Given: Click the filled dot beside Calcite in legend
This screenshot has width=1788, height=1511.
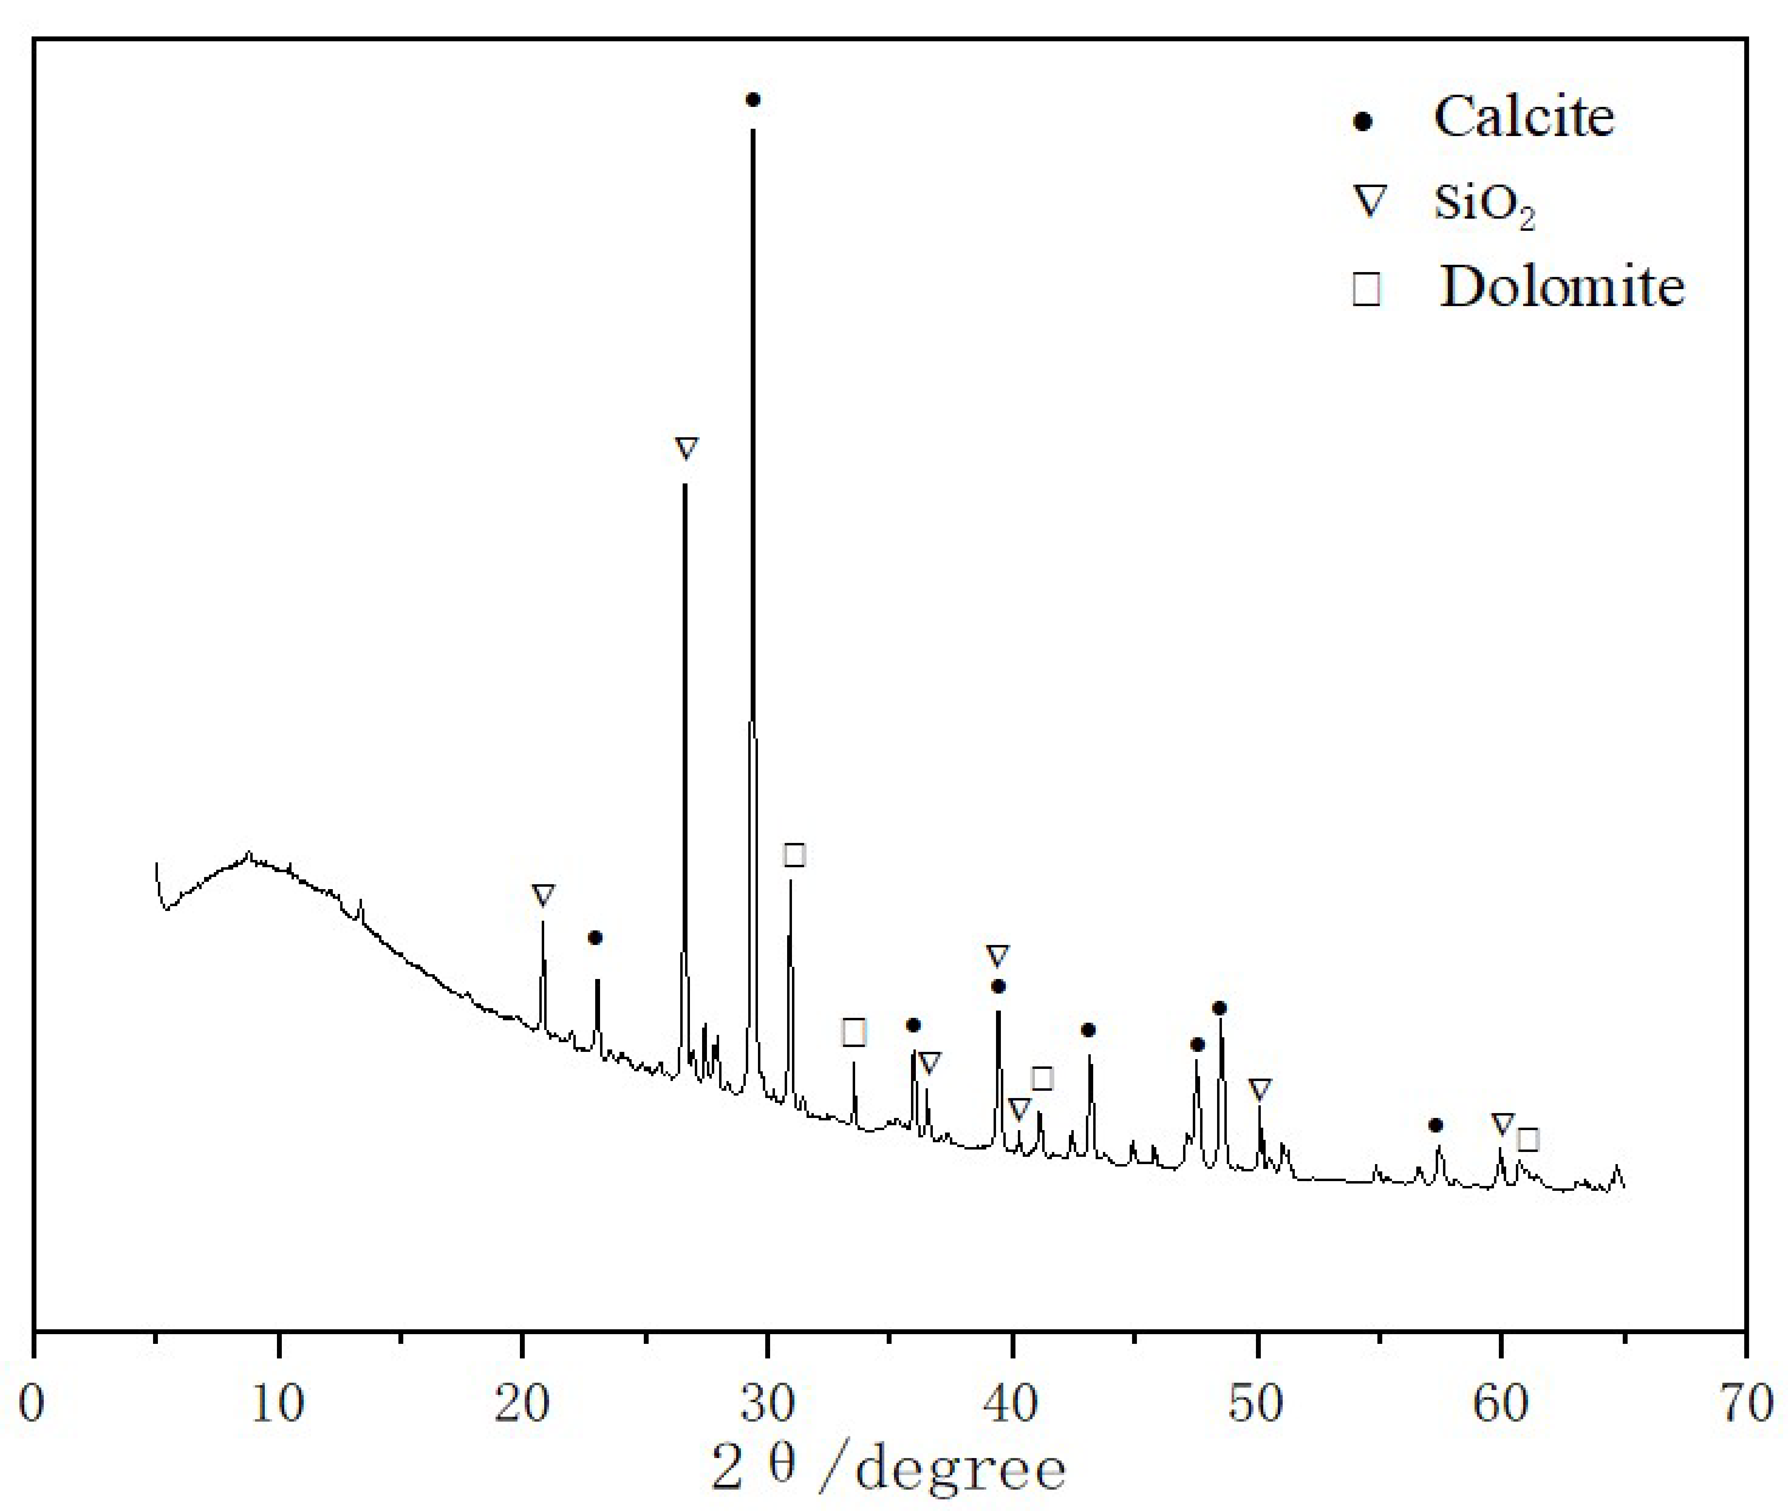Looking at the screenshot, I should (1362, 121).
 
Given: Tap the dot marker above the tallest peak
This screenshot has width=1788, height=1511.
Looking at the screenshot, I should (753, 100).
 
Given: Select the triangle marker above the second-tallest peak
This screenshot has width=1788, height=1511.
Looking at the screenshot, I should (686, 448).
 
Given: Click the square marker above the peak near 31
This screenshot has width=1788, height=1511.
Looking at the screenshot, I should (794, 854).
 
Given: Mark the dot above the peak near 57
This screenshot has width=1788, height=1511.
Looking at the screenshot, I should (1436, 1125).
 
